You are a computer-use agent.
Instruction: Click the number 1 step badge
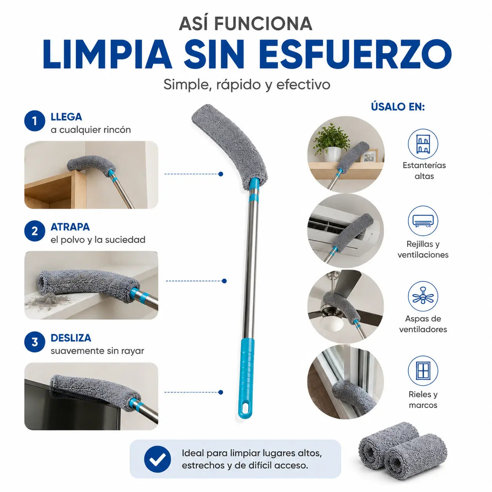point(35,121)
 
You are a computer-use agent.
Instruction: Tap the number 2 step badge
point(35,231)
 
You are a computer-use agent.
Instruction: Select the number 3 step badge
point(35,342)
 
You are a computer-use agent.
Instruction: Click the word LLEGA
point(66,117)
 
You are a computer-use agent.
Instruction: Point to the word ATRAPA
point(70,227)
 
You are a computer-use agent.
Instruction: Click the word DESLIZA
point(71,338)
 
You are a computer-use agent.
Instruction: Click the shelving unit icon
point(423,144)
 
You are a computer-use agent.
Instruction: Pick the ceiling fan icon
point(423,297)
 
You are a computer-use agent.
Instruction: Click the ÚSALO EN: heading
point(398,107)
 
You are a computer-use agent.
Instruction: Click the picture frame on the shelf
point(369,155)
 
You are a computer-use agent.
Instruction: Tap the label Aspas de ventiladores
point(423,324)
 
